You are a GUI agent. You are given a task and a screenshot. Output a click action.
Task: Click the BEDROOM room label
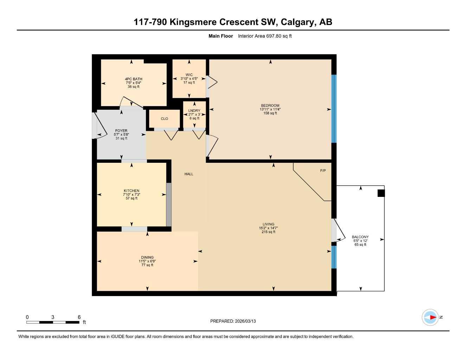(x=270, y=105)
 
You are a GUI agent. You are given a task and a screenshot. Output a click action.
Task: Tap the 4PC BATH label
(x=134, y=79)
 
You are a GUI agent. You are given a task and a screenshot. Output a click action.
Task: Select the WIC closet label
(x=189, y=75)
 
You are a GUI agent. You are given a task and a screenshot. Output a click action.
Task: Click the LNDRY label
(x=194, y=111)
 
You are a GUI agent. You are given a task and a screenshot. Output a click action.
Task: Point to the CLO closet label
(x=164, y=119)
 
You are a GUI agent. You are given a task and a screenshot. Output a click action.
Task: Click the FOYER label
(x=121, y=131)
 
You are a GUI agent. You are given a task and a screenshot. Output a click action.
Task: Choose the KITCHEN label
(x=131, y=191)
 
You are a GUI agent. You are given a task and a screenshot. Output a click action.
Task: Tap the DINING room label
(x=147, y=257)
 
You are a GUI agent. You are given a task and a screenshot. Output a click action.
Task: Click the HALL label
(x=189, y=174)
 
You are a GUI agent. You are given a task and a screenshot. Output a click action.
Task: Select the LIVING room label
(x=268, y=224)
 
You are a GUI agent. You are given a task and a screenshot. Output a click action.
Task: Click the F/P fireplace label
(x=323, y=171)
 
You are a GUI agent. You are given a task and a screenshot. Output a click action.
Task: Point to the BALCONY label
(x=360, y=237)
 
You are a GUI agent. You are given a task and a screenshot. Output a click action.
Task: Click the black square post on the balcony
(x=381, y=193)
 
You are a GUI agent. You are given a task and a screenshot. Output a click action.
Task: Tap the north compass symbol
(x=430, y=317)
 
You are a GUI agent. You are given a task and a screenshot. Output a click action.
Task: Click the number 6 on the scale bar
(x=79, y=317)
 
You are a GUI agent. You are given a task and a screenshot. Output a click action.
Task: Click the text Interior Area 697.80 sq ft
(x=265, y=36)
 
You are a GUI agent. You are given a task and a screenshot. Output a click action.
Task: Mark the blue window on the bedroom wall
(x=334, y=109)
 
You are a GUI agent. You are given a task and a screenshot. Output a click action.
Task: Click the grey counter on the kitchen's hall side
(x=169, y=205)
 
